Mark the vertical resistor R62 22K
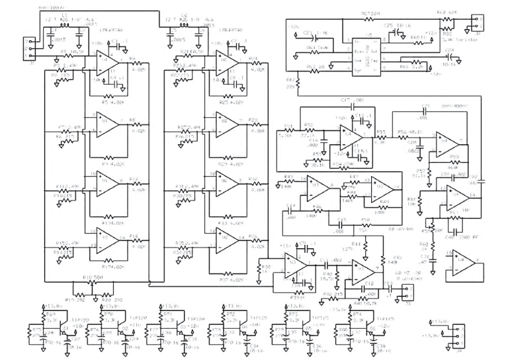point(299,84)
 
